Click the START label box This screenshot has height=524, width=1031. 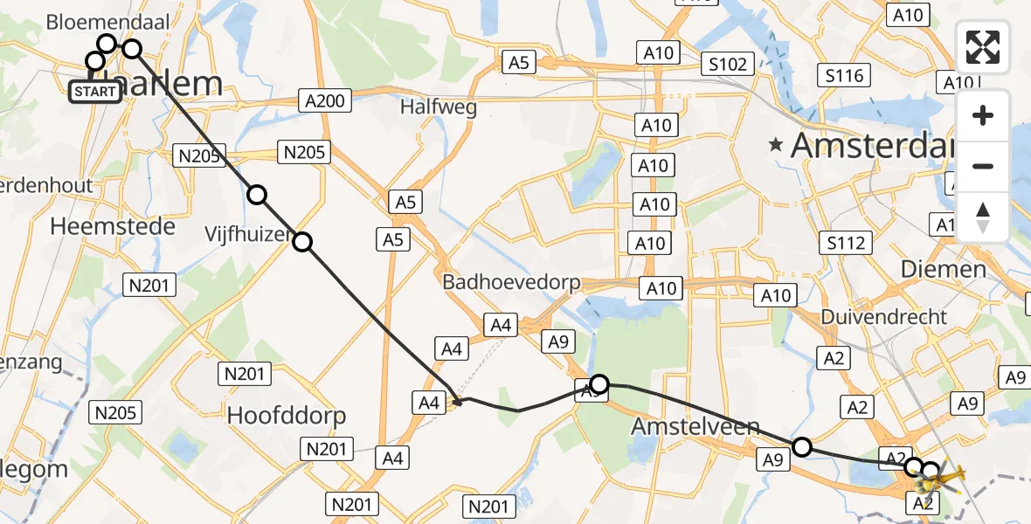[x=94, y=91]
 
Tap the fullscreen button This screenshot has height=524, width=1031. [x=983, y=47]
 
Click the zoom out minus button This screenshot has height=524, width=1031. [x=983, y=166]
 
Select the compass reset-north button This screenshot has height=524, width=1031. [x=983, y=217]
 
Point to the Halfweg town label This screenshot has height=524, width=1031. [x=438, y=107]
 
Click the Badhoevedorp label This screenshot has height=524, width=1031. [x=509, y=282]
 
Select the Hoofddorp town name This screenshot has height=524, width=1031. [x=287, y=415]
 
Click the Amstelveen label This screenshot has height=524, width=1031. [x=695, y=428]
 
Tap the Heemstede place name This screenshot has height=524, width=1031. [x=113, y=226]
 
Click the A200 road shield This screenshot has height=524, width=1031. [x=325, y=100]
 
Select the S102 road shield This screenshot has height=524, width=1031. [x=727, y=64]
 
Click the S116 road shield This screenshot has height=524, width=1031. [x=844, y=75]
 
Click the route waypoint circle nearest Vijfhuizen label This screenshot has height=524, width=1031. [x=301, y=242]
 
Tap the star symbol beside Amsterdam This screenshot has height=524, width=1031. [x=775, y=146]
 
